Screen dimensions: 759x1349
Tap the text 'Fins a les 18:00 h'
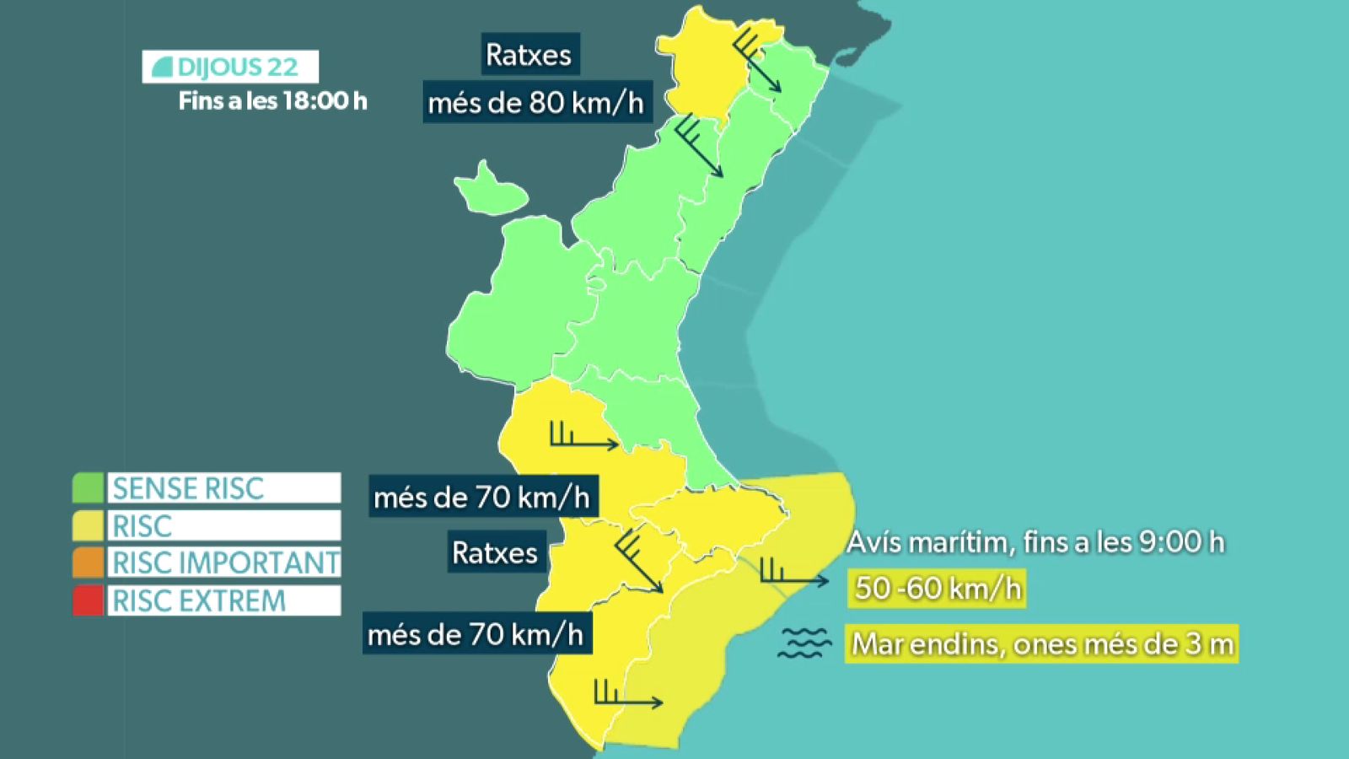coord(272,101)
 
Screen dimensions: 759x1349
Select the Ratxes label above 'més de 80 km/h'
coord(529,55)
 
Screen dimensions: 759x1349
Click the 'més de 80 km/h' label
coord(536,103)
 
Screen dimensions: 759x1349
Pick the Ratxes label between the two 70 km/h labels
coord(495,553)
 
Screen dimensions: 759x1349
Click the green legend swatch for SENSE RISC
coord(88,487)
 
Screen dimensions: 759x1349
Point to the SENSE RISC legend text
coord(189,488)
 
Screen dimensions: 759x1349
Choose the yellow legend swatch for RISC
coord(88,525)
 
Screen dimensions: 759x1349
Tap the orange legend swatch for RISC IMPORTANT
coord(88,563)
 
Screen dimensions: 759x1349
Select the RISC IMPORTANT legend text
coord(225,563)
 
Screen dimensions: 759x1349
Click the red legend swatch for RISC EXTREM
coord(88,600)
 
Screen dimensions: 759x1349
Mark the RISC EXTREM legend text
coord(200,600)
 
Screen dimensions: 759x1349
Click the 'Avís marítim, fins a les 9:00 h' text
coord(1035,542)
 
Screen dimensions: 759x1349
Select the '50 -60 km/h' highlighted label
coord(938,588)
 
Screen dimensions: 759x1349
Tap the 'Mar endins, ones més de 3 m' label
coord(1042,644)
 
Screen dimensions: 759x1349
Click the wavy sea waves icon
coord(804,643)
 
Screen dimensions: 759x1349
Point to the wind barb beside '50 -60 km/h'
coord(793,573)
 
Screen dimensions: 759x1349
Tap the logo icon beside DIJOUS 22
coord(163,67)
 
